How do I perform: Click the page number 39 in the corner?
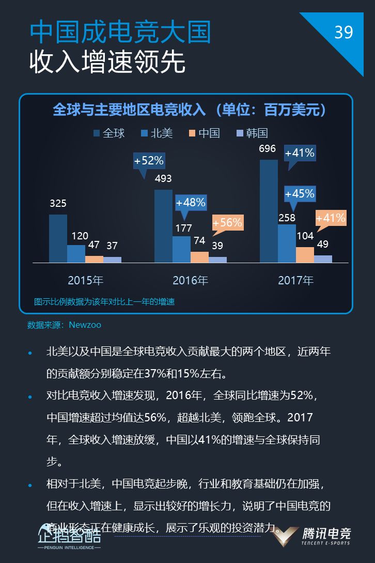tap(343, 33)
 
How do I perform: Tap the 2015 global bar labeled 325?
tap(58, 238)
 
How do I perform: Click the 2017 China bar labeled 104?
tap(305, 254)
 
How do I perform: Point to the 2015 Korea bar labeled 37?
tap(112, 260)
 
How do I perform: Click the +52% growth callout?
tap(149, 161)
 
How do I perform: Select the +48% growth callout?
tap(191, 202)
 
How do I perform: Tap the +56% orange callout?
tap(227, 222)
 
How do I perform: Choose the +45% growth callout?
tap(300, 193)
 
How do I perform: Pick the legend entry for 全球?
tap(109, 133)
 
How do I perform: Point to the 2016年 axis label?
tap(191, 280)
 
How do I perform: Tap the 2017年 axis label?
tap(296, 280)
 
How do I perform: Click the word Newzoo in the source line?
tap(85, 325)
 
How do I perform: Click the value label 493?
tap(163, 179)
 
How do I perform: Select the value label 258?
tap(287, 218)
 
